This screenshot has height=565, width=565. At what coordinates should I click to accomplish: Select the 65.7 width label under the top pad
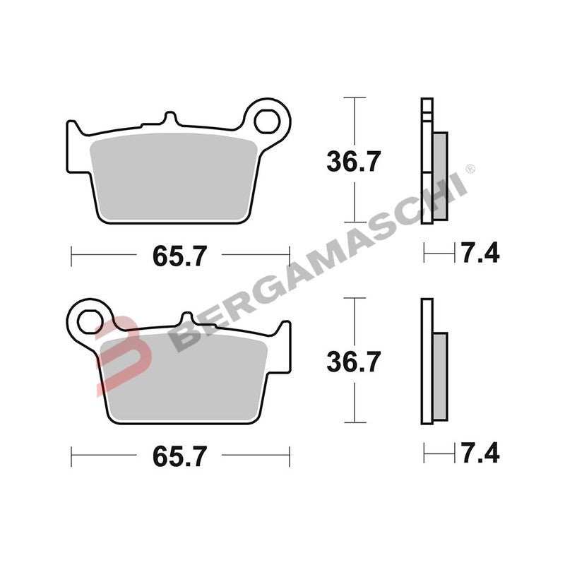[180, 256]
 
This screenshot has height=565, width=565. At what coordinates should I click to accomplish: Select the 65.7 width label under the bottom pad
[180, 456]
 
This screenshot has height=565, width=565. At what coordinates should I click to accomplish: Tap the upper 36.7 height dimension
[353, 162]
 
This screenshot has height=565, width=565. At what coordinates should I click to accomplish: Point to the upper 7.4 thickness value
[480, 251]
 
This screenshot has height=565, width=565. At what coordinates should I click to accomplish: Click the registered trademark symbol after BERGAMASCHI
[471, 169]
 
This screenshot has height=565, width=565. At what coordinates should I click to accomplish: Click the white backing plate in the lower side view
[425, 360]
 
